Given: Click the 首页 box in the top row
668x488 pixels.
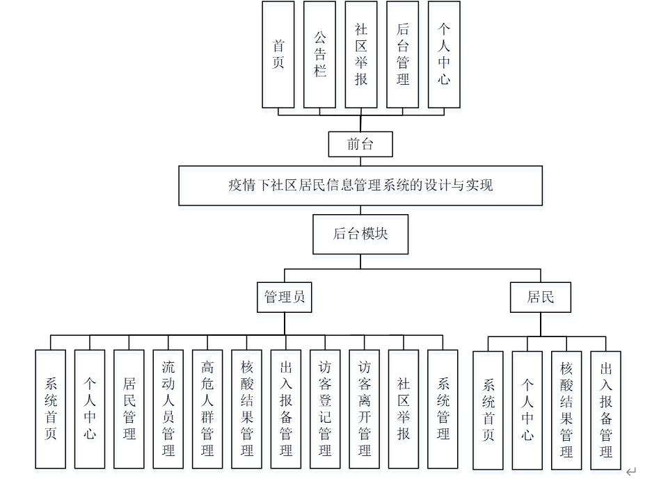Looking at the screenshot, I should tap(278, 54).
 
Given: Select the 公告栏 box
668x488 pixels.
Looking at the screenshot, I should tap(319, 54).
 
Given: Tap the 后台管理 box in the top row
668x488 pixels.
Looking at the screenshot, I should tap(402, 54).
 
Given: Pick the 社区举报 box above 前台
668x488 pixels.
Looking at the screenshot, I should tap(361, 54).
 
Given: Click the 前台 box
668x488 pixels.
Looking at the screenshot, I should tap(360, 145).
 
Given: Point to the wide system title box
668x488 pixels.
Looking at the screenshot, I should tap(360, 186).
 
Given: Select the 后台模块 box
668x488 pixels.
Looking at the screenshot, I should tap(360, 234).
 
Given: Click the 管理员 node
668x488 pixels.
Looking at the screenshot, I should tap(284, 298).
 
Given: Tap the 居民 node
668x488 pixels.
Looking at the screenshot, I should tap(541, 298).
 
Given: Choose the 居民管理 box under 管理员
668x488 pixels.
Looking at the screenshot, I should tap(129, 409).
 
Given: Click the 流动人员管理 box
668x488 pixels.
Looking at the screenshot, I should tap(168, 409).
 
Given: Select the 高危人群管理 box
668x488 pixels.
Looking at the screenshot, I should tap(207, 409).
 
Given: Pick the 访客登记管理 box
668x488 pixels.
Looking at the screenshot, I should tap(325, 409).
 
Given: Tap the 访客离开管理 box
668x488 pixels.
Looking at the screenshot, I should tap(364, 409).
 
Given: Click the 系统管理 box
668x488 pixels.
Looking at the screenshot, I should tap(443, 409).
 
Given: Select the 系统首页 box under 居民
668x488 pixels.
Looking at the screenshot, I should tap(488, 410).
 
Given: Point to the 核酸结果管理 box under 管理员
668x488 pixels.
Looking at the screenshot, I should tap(246, 409).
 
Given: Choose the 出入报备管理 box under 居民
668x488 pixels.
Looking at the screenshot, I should tap(605, 410).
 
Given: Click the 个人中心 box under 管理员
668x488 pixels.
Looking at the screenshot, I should tap(90, 409).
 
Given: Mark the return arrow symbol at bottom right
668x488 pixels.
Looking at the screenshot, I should tap(630, 472).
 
